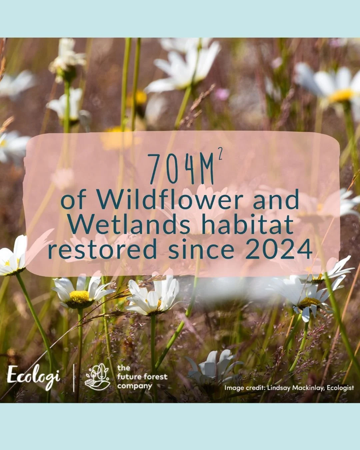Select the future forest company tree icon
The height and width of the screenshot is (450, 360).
pos(97,377)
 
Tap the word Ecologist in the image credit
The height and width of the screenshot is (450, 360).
pos(340,388)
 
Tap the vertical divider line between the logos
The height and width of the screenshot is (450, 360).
pos(74,378)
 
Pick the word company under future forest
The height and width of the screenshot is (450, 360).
pos(135,386)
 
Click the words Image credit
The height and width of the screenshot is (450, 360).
pos(245,388)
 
